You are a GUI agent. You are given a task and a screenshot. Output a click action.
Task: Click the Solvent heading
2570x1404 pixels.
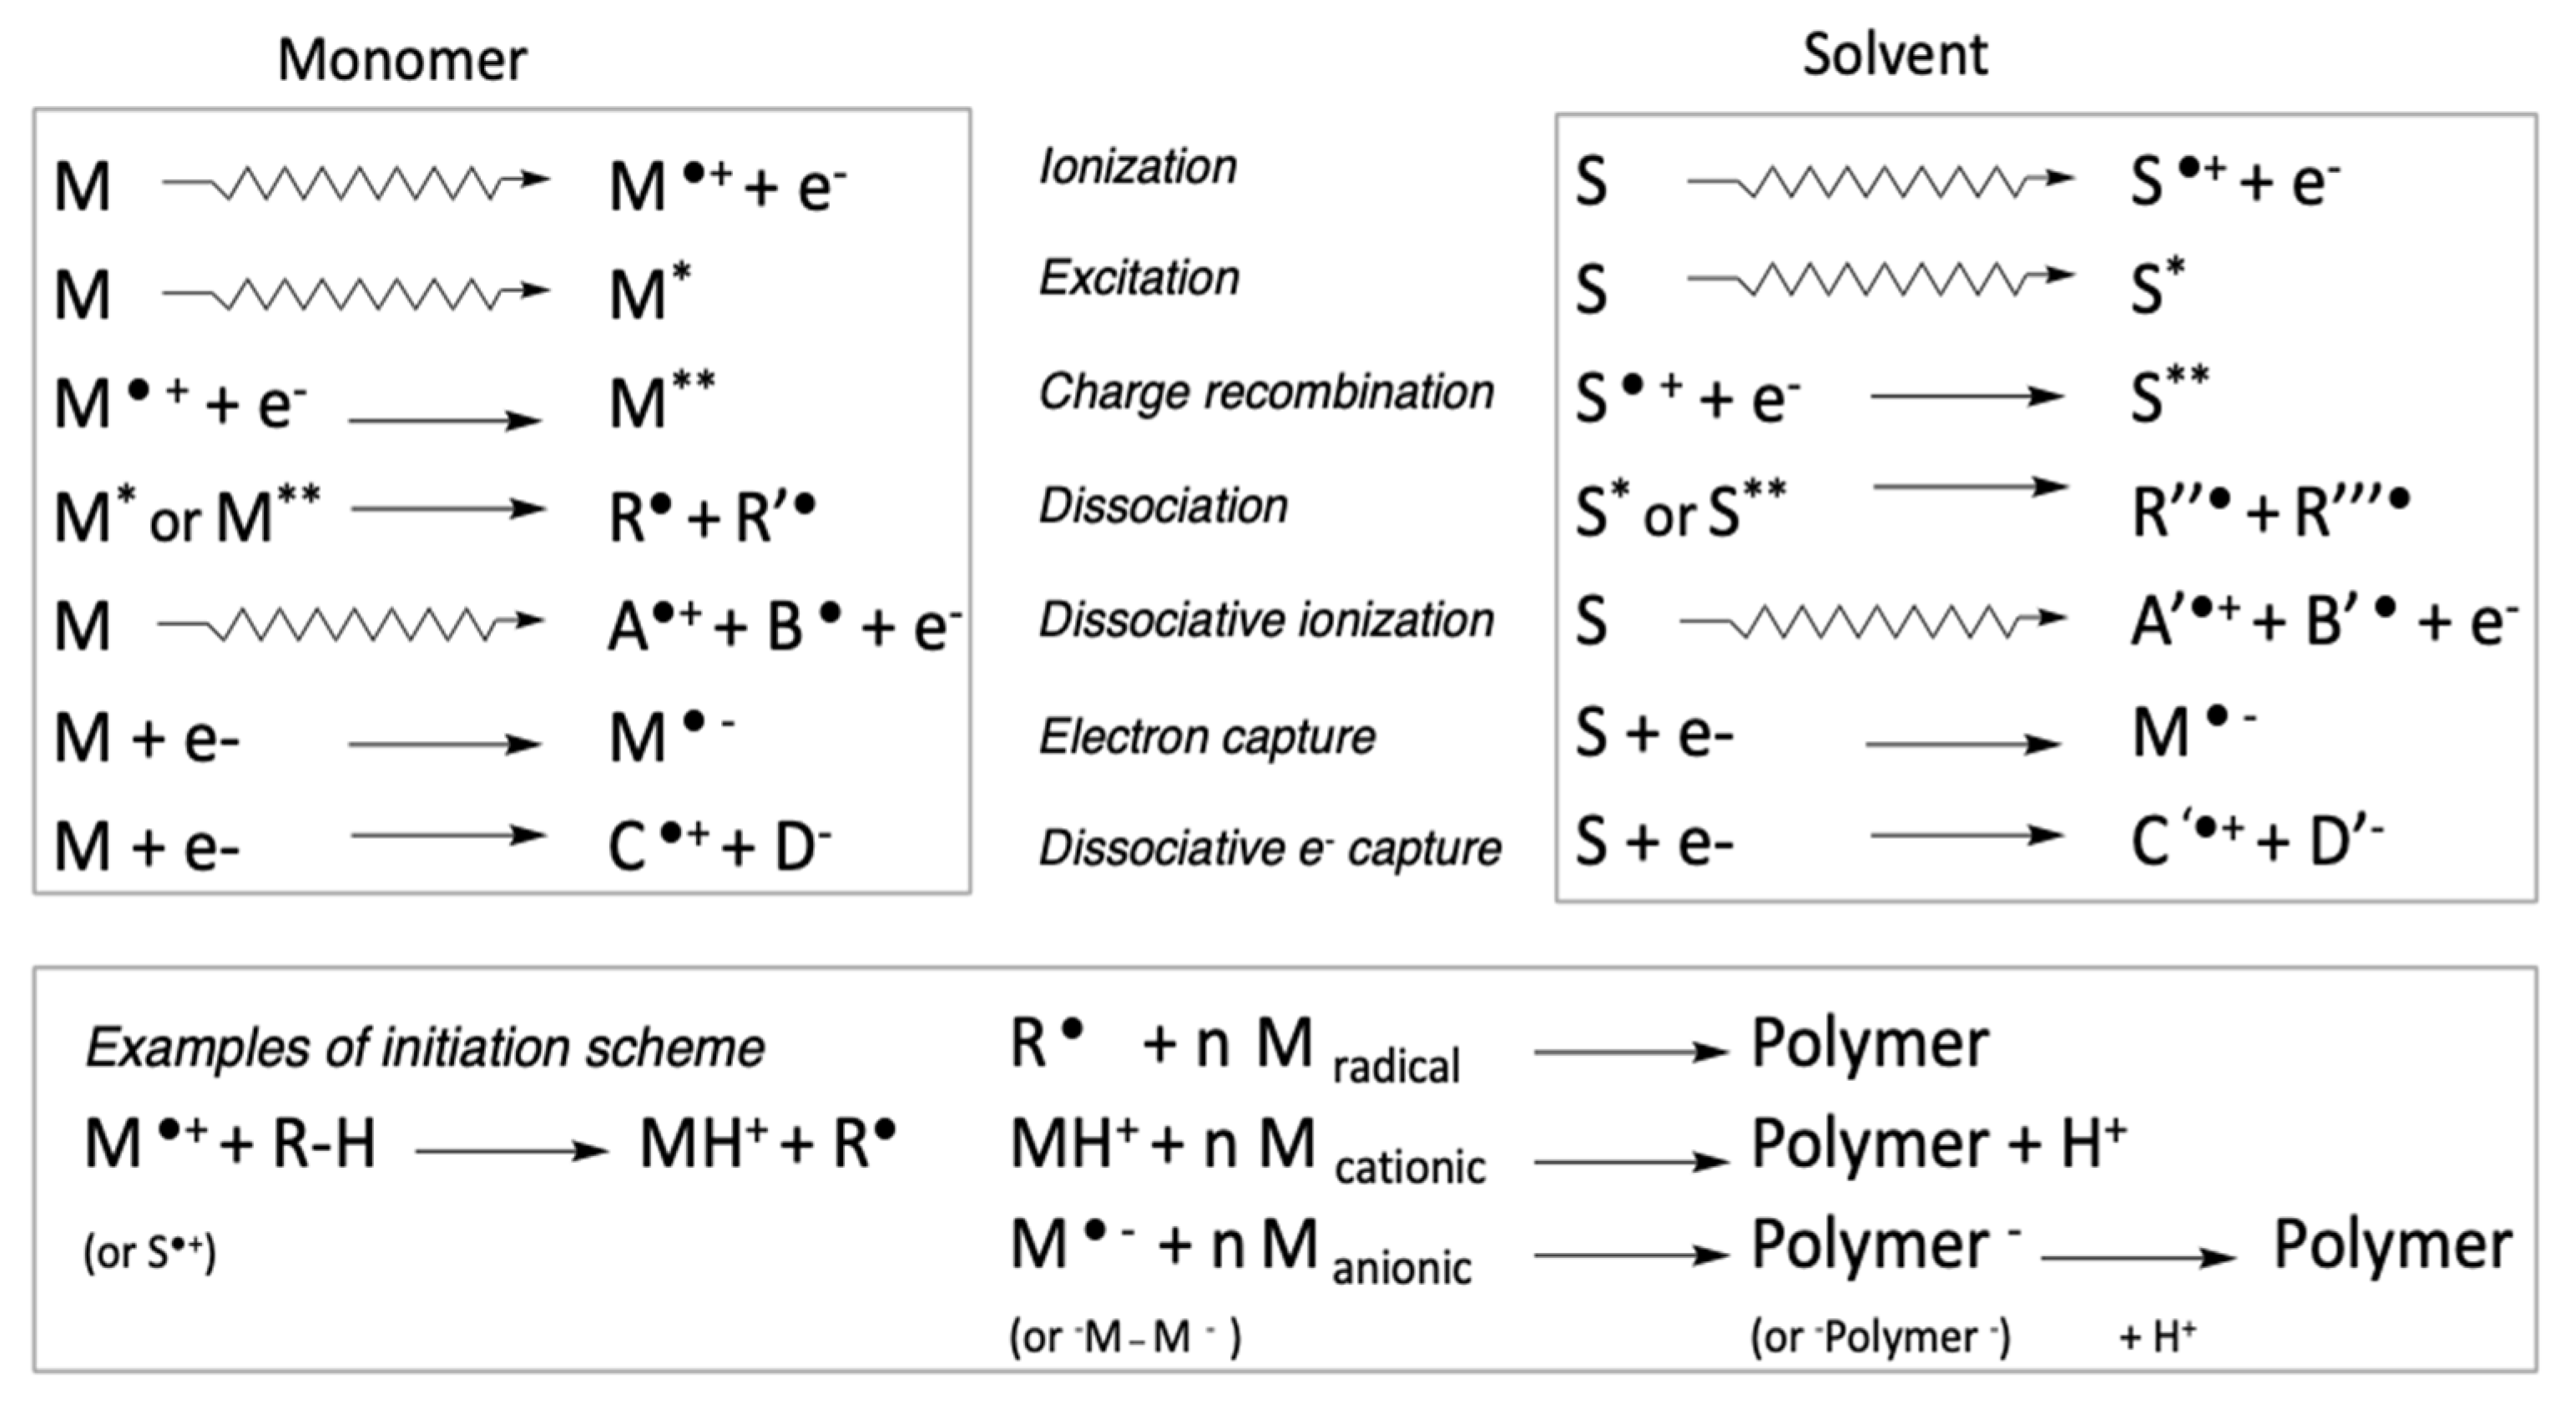(x=1894, y=55)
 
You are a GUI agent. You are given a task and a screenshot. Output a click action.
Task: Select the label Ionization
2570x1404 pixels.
(x=1138, y=167)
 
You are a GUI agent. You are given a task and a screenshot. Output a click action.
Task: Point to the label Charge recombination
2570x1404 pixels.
(x=1266, y=392)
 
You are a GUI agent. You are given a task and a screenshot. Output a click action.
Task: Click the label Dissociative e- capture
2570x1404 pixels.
(x=1269, y=849)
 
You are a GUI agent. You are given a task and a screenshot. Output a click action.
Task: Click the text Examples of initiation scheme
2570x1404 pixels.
(x=424, y=1048)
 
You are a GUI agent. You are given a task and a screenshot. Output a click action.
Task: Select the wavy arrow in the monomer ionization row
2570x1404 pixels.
(x=356, y=182)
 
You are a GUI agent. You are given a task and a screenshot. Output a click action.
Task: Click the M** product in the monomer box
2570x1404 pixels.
(x=661, y=402)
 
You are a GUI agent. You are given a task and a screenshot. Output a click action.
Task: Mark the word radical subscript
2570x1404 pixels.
(x=1396, y=1067)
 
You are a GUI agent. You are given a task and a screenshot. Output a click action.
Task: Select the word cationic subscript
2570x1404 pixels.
(x=1410, y=1166)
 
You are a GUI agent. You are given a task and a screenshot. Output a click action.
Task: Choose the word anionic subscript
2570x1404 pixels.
(x=1401, y=1267)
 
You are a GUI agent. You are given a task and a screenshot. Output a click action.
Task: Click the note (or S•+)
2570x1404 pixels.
(x=149, y=1252)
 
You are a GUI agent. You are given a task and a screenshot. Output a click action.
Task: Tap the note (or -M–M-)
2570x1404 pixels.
(x=1124, y=1337)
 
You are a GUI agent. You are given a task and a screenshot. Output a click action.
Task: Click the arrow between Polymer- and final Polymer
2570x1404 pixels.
(x=2138, y=1257)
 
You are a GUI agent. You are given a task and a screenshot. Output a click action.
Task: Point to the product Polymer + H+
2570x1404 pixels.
(x=1938, y=1144)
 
